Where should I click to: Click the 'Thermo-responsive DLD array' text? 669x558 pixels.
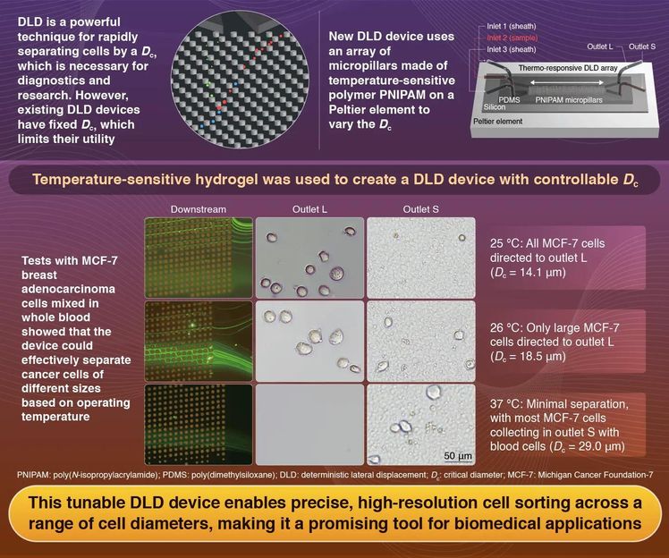tap(561, 63)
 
